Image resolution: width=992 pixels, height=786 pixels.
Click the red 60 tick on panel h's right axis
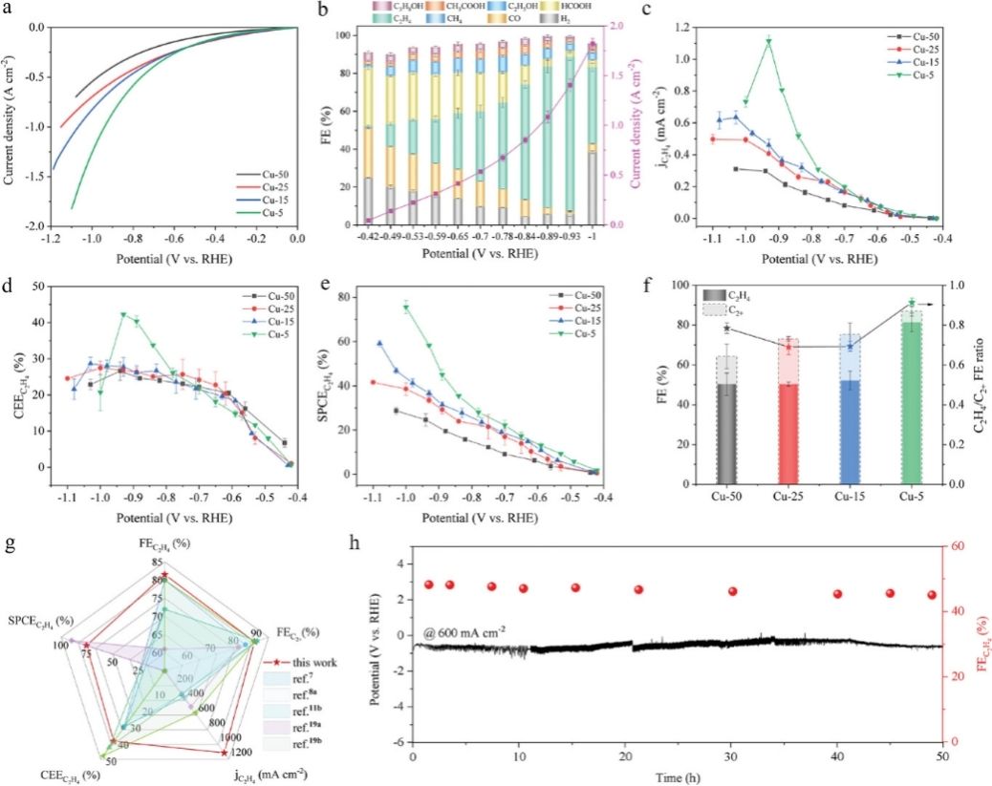[x=957, y=546]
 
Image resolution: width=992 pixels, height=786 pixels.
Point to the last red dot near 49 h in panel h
[x=932, y=595]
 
